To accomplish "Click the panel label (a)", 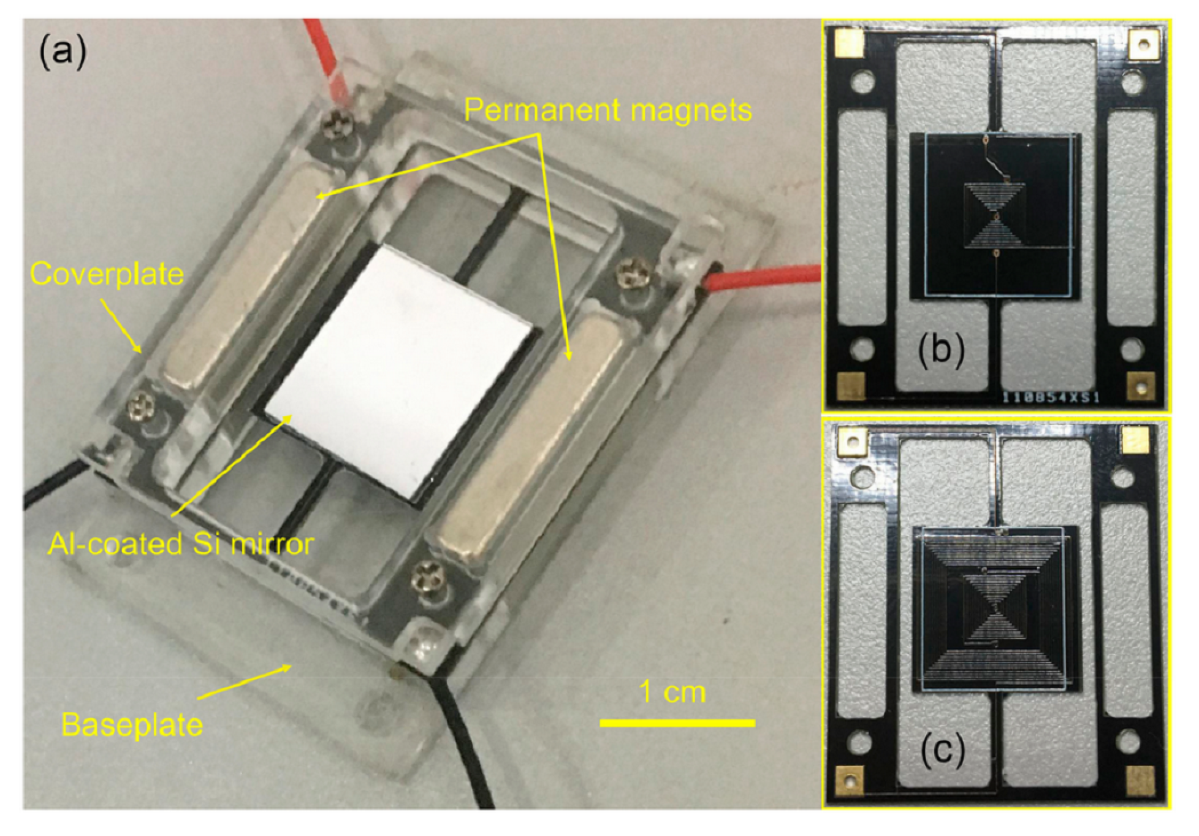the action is tap(63, 52).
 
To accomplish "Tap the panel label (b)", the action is tap(941, 349).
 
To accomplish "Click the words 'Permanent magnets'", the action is tap(607, 110).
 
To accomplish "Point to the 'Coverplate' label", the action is tap(107, 274).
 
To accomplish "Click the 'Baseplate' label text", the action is tap(132, 725).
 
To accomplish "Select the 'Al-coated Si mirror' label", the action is tap(181, 544).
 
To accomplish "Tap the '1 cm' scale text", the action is tap(672, 692).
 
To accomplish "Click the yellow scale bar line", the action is tap(677, 724).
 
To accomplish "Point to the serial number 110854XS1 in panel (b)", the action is tap(1051, 397).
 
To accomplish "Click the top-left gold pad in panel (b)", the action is tap(850, 42).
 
